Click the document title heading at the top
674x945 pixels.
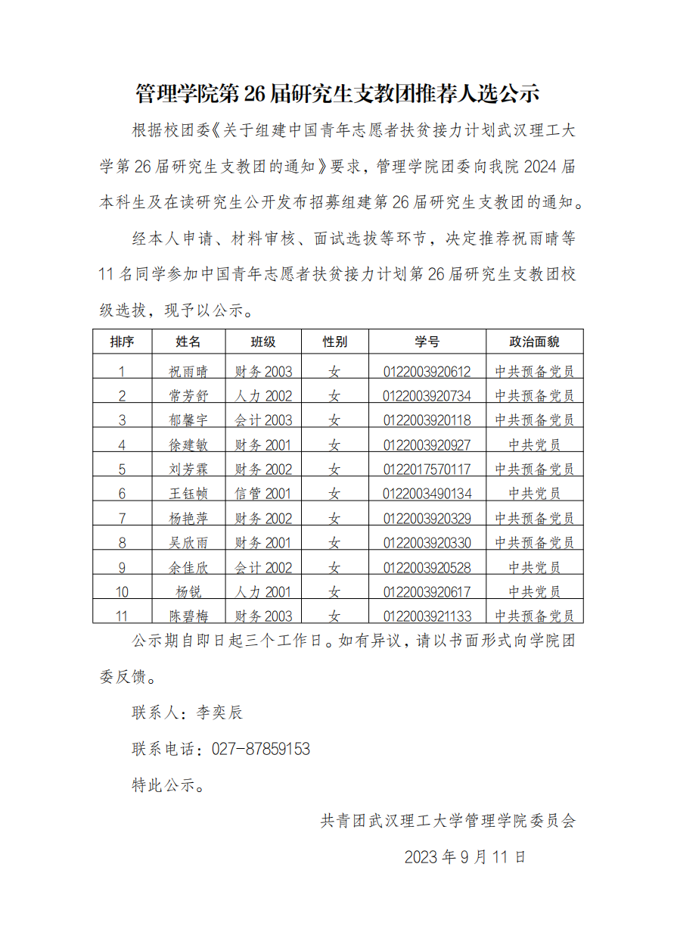(337, 94)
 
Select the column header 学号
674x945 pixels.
(427, 342)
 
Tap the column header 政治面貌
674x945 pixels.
(534, 342)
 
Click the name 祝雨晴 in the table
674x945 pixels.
(188, 372)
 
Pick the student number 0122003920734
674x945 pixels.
(427, 396)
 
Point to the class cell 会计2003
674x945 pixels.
(263, 420)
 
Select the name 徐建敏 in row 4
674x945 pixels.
(188, 445)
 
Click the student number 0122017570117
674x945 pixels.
(427, 469)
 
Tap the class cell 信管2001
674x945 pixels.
(263, 494)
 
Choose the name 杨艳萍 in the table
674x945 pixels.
(188, 519)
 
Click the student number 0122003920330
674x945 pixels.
(427, 543)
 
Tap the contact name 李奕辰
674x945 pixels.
(219, 713)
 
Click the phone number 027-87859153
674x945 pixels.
(261, 749)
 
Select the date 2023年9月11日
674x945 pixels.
(464, 857)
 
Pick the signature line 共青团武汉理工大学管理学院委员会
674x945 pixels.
(448, 821)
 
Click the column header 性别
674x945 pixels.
(334, 342)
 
